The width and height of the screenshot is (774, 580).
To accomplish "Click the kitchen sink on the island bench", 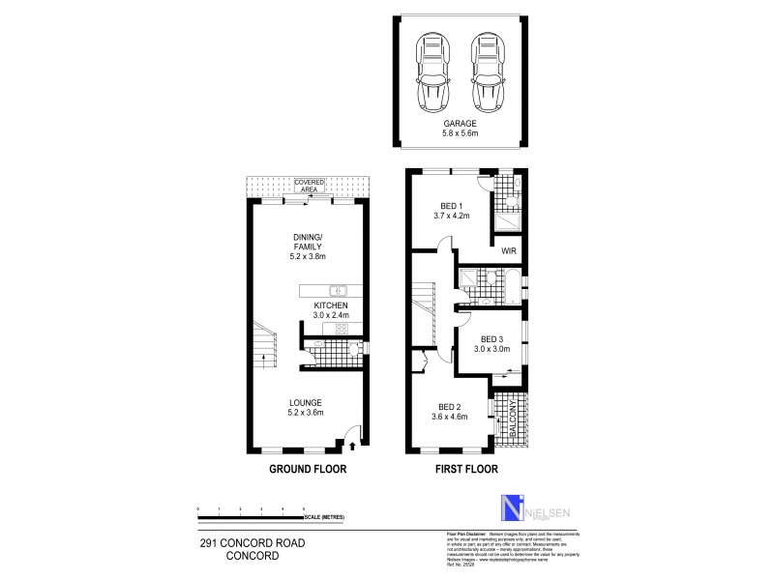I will (337, 290).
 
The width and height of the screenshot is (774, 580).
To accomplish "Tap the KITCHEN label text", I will (330, 304).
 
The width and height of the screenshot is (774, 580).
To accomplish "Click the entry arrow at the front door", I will (350, 447).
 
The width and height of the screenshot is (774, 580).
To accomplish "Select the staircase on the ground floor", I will (262, 347).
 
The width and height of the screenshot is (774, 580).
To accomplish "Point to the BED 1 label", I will (451, 210).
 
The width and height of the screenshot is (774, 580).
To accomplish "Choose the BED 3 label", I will (490, 339).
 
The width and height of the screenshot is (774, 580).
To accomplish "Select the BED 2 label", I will (449, 412).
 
